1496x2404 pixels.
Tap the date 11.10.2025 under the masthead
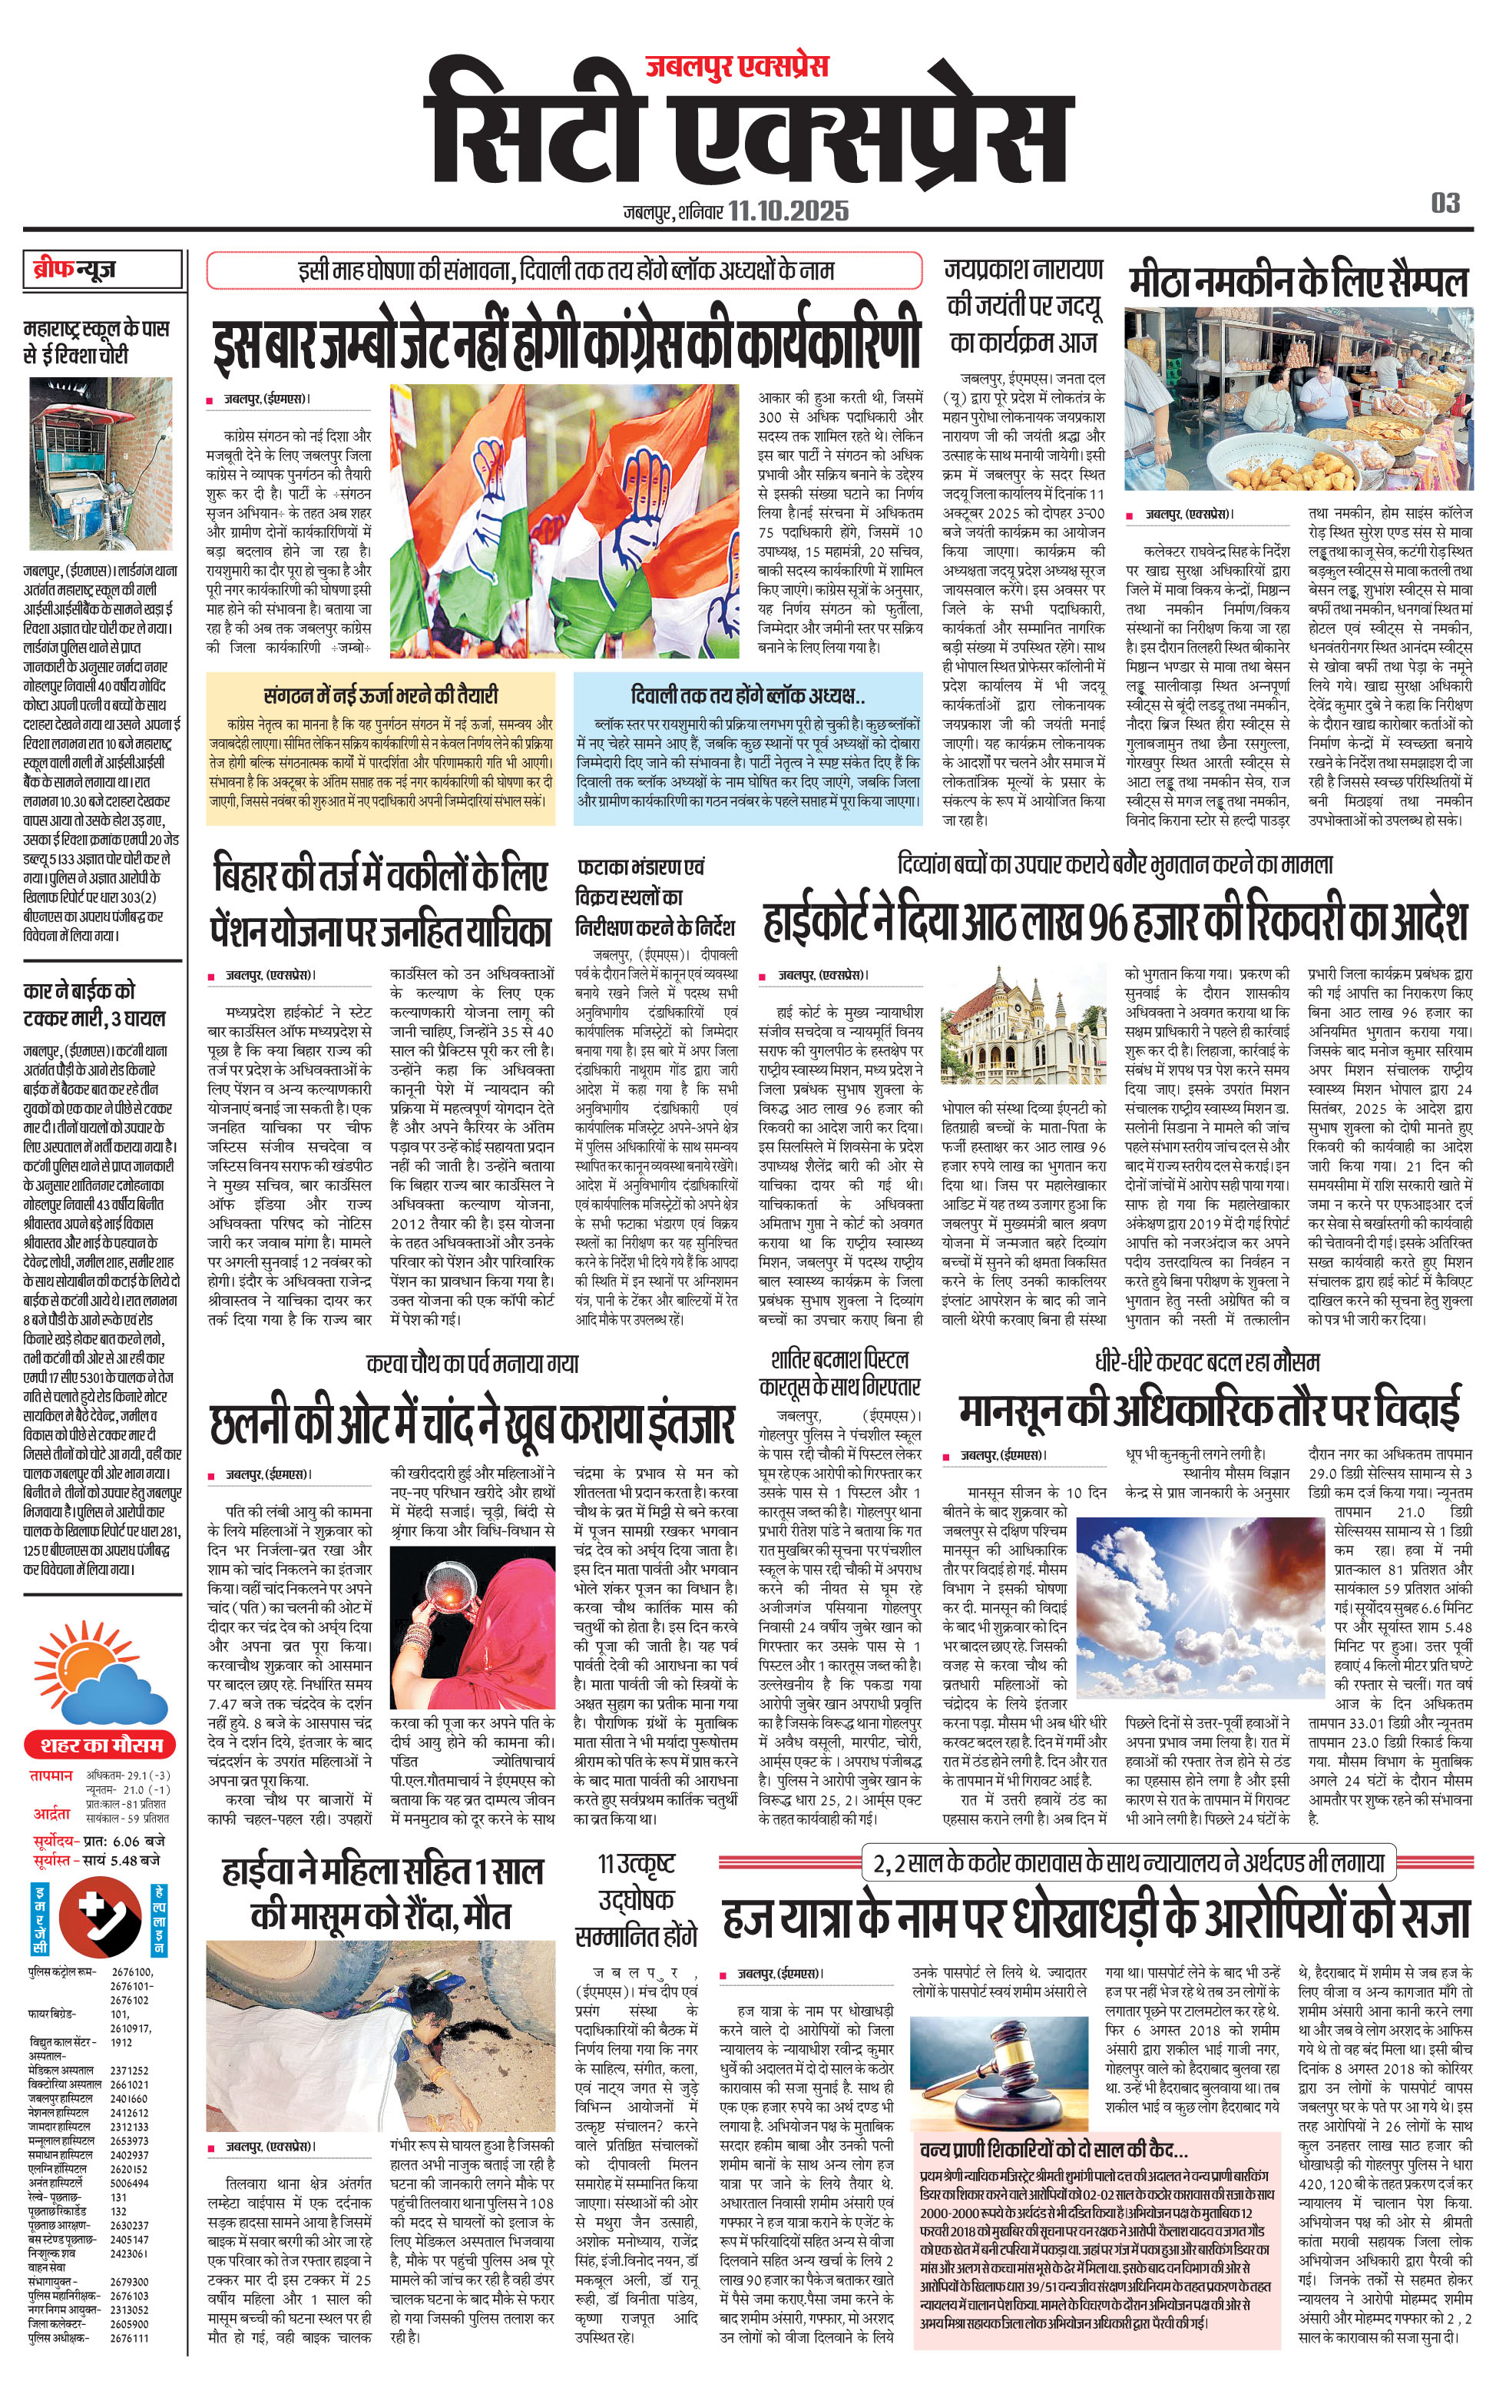788,211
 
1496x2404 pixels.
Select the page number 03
1445,203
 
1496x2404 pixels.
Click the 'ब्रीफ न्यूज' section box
103,269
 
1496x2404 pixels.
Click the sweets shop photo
1297,398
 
